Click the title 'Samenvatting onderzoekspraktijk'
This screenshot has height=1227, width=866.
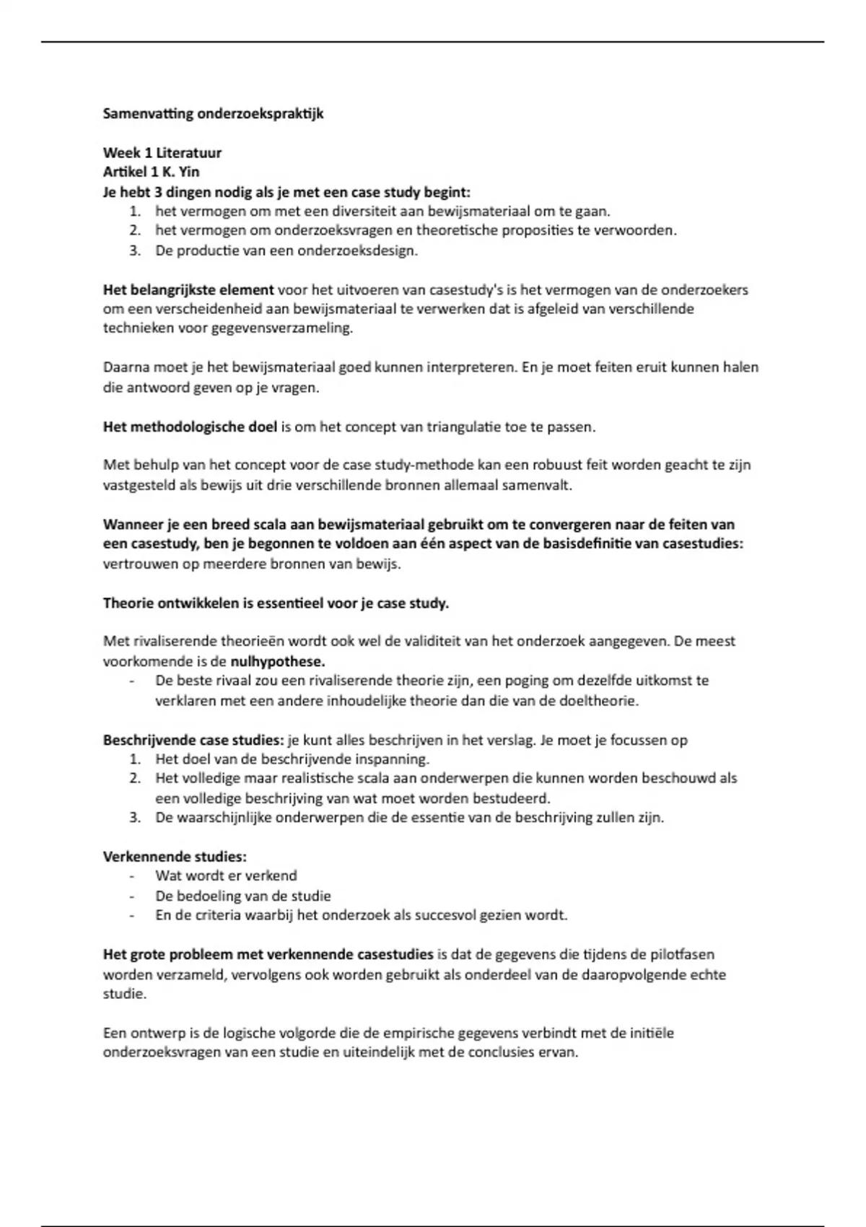pyautogui.click(x=213, y=114)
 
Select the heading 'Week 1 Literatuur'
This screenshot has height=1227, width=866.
pyautogui.click(x=162, y=153)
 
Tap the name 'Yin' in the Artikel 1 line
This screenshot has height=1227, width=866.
pyautogui.click(x=188, y=173)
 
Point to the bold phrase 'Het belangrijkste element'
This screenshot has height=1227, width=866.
pyautogui.click(x=188, y=290)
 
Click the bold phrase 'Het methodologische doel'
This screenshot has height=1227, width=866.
pyautogui.click(x=190, y=427)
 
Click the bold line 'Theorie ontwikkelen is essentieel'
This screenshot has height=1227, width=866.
pyautogui.click(x=276, y=603)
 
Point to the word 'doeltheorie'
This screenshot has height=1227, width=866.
pyautogui.click(x=603, y=701)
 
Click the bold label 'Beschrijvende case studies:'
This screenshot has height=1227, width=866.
pyautogui.click(x=193, y=741)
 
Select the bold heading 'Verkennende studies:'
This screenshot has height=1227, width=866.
pyautogui.click(x=175, y=857)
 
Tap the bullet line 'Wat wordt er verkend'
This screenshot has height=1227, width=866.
pyautogui.click(x=226, y=876)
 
